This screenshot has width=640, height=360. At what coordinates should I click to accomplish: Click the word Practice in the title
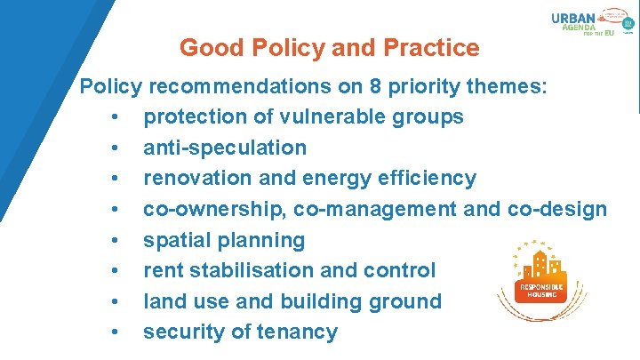click(x=428, y=47)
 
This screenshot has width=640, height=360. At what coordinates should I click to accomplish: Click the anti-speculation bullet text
click(x=225, y=148)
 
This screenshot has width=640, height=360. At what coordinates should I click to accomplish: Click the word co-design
click(x=557, y=209)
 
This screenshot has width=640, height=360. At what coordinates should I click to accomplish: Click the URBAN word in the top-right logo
click(x=573, y=18)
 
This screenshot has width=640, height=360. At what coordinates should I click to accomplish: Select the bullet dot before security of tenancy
click(x=116, y=332)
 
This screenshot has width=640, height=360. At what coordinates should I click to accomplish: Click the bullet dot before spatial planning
click(x=116, y=240)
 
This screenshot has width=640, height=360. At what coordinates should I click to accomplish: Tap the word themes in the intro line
click(x=506, y=87)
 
